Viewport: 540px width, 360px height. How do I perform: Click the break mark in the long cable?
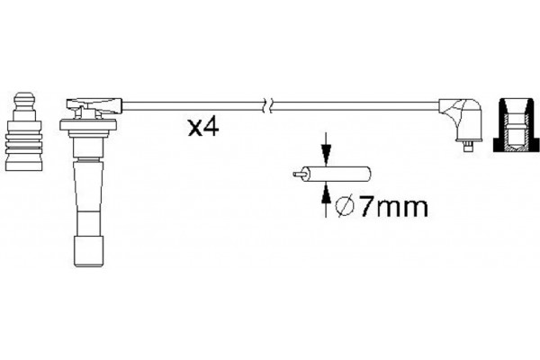264,104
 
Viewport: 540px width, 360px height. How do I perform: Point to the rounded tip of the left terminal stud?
26,94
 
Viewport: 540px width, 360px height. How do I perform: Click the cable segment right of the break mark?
351,104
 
